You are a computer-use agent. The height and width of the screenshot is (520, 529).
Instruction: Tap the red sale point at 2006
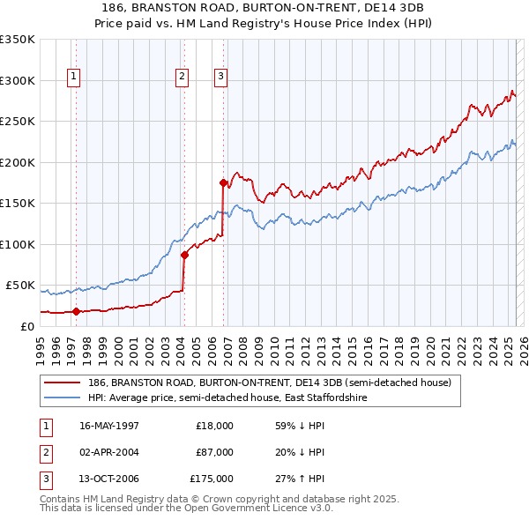(x=223, y=182)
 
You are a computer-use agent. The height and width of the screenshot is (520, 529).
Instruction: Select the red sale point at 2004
(x=184, y=255)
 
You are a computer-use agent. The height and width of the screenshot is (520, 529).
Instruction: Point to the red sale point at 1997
(x=76, y=311)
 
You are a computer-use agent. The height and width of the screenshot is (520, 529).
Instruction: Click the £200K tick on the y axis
(x=18, y=163)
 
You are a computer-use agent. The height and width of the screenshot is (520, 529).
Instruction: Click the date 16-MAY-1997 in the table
(x=109, y=426)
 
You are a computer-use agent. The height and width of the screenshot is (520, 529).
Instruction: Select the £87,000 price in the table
(x=214, y=452)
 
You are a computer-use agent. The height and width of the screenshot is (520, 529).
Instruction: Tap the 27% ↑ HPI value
(x=300, y=479)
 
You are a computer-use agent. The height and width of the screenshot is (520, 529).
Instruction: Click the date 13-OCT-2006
(x=109, y=479)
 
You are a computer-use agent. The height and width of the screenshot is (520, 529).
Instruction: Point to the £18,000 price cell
(x=214, y=426)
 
